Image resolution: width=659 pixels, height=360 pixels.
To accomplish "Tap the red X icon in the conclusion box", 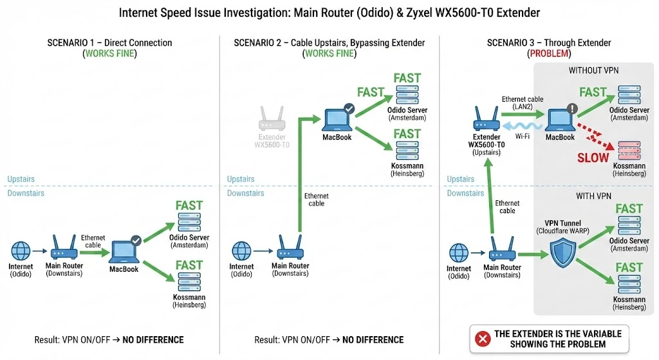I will point(481,338).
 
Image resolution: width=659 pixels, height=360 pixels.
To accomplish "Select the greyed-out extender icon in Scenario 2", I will point(272,120).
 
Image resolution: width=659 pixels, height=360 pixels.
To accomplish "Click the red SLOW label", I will point(593,158).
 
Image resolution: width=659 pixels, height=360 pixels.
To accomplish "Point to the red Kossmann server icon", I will point(629,149).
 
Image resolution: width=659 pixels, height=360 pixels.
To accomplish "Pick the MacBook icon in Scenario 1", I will point(124,251).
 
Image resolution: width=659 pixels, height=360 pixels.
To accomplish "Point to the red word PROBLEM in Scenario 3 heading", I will point(549,54).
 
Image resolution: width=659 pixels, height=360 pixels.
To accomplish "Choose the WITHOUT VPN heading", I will point(593,70).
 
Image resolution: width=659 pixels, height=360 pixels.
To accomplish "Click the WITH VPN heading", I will point(593,195).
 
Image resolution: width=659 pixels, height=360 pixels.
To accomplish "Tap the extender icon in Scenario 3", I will point(487,120).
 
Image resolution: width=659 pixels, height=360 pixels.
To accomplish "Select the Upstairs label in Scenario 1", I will point(21,179).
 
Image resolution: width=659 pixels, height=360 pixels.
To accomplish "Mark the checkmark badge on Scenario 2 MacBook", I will point(348,108).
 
